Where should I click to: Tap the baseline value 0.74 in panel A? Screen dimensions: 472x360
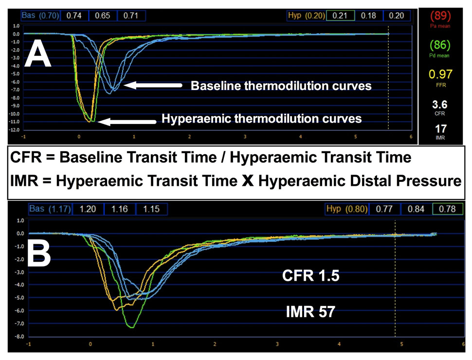click(x=74, y=16)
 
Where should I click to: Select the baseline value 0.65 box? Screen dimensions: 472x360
click(x=103, y=16)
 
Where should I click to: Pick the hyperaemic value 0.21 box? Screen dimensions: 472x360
click(x=340, y=16)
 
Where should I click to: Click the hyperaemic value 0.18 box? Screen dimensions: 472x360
click(x=368, y=16)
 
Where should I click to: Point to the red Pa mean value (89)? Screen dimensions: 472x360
click(x=440, y=16)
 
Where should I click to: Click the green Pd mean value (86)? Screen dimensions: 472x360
click(x=440, y=45)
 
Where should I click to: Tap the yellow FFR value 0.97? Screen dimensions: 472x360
click(x=440, y=74)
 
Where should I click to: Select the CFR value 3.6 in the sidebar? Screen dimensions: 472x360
click(x=440, y=105)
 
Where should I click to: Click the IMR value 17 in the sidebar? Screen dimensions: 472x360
click(x=440, y=129)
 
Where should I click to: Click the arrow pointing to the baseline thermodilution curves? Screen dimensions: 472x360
click(x=153, y=86)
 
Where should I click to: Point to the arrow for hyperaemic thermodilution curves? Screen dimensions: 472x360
click(x=127, y=122)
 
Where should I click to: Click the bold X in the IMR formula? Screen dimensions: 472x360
click(x=248, y=181)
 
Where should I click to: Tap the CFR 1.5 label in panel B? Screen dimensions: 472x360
click(x=310, y=276)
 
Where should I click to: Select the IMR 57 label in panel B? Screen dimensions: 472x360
click(x=310, y=311)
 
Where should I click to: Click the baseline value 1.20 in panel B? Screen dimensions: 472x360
click(x=88, y=209)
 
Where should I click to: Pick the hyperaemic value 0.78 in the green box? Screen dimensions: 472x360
click(x=447, y=209)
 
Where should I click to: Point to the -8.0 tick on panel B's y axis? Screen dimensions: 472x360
click(x=19, y=337)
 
